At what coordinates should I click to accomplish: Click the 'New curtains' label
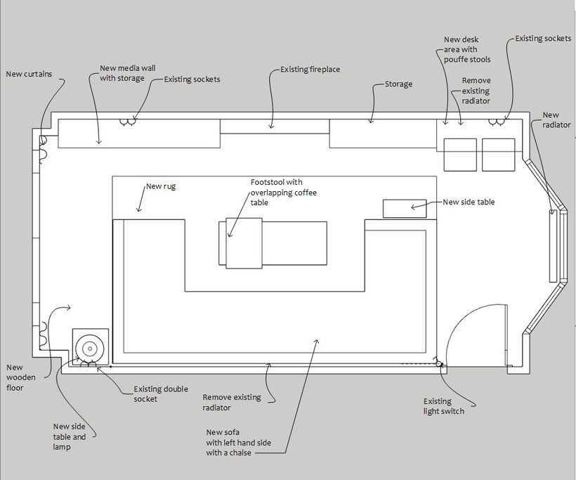pos(29,74)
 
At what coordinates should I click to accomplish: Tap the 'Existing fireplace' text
pos(310,70)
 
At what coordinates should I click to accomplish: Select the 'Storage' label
pos(398,84)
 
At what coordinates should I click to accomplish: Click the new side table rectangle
pos(405,209)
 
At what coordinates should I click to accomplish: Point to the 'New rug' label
pos(161,186)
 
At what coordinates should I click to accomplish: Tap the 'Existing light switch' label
pos(444,406)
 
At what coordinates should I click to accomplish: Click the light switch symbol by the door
pos(438,364)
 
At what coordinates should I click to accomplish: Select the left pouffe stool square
pos(460,155)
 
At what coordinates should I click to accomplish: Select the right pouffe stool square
pos(499,155)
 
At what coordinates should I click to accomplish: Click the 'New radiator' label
pos(556,120)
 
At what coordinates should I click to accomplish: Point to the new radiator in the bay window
pos(553,246)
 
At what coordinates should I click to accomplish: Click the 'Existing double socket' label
pos(161,394)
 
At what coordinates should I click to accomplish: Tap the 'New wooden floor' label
pos(21,377)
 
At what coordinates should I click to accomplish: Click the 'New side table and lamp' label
pos(70,436)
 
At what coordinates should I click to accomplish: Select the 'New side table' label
pos(469,202)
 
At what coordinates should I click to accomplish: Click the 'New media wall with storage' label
pos(127,73)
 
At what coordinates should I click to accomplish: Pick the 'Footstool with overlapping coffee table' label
pos(284,193)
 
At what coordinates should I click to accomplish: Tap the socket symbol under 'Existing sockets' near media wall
pos(128,122)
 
